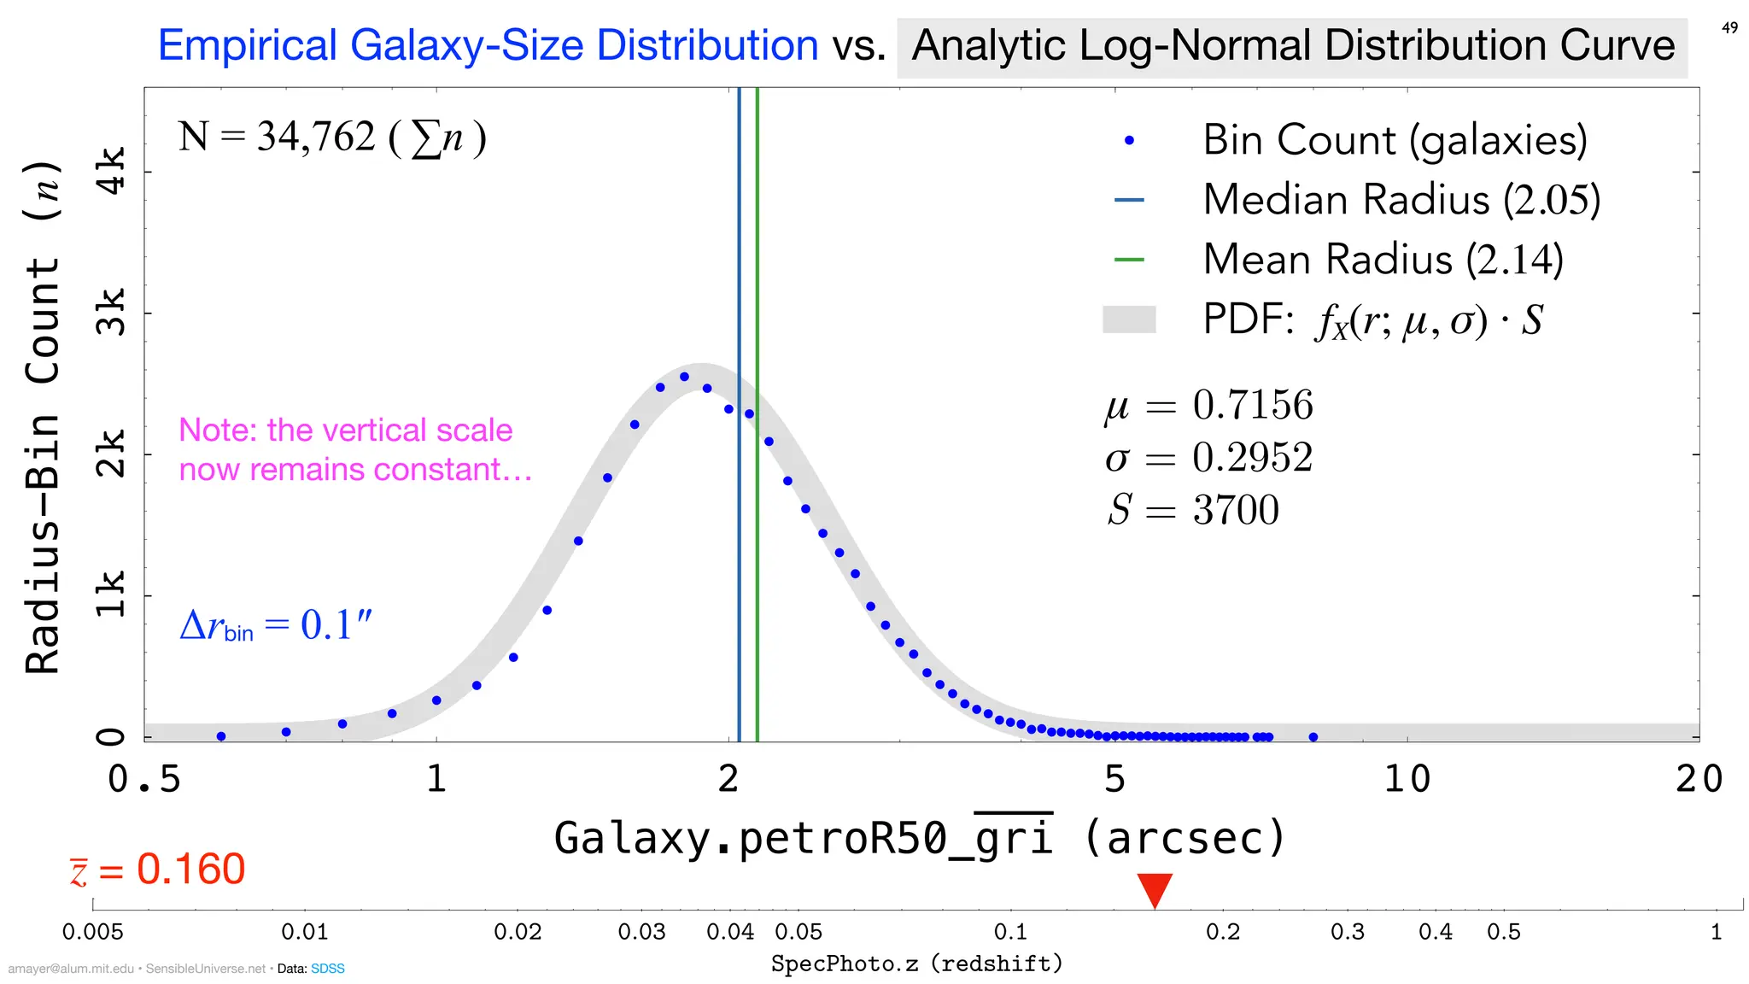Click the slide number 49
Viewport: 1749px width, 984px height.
1729,28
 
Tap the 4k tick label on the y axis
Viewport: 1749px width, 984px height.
111,171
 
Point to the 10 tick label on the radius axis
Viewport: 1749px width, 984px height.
1407,779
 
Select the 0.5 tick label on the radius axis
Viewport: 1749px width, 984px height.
144,779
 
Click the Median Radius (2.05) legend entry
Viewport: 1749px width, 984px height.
1401,200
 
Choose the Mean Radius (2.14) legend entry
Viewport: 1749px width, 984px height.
1383,260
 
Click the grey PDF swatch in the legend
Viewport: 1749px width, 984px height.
1129,319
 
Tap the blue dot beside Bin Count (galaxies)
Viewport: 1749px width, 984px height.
1129,141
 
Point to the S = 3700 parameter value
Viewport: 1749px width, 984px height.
1193,510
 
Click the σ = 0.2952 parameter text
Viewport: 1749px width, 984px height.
1208,458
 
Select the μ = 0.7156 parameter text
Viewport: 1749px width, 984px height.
1208,405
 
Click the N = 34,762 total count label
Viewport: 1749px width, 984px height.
332,138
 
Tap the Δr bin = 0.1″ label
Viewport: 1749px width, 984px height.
276,625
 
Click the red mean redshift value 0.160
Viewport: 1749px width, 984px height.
190,870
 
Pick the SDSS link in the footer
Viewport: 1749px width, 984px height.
327,969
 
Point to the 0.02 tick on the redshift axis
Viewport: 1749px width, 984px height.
518,931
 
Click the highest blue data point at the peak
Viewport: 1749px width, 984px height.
684,377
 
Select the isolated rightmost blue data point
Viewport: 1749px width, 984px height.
1313,737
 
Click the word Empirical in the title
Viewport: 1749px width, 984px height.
249,45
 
